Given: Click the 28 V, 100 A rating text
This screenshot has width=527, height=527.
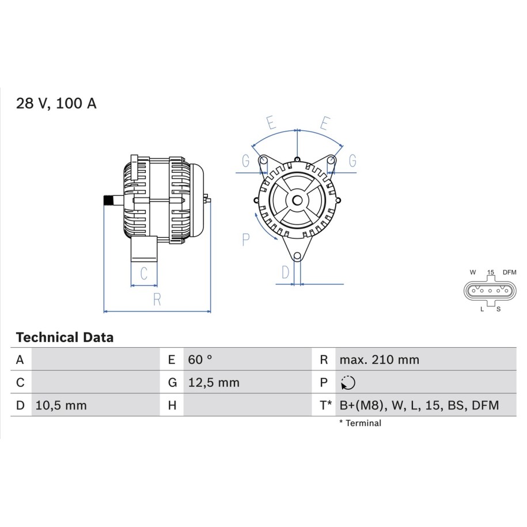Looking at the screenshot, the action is [x=56, y=103].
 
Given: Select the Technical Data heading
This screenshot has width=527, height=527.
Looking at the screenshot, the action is [x=65, y=337].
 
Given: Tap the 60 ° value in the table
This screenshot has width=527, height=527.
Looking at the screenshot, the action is [x=200, y=359].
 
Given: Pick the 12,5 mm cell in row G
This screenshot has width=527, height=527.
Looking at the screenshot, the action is [x=214, y=382].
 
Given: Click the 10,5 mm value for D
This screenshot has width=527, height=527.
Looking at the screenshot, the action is [x=61, y=405].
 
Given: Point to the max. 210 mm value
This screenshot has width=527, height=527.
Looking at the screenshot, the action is [x=380, y=359].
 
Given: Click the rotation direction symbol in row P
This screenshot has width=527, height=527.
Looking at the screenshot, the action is [x=348, y=382].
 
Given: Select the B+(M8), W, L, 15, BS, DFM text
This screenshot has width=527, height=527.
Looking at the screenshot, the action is [x=419, y=405].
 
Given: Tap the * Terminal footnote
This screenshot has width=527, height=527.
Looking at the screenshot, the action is [x=361, y=423].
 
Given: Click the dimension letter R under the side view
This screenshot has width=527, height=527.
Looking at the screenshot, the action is [x=157, y=299].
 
